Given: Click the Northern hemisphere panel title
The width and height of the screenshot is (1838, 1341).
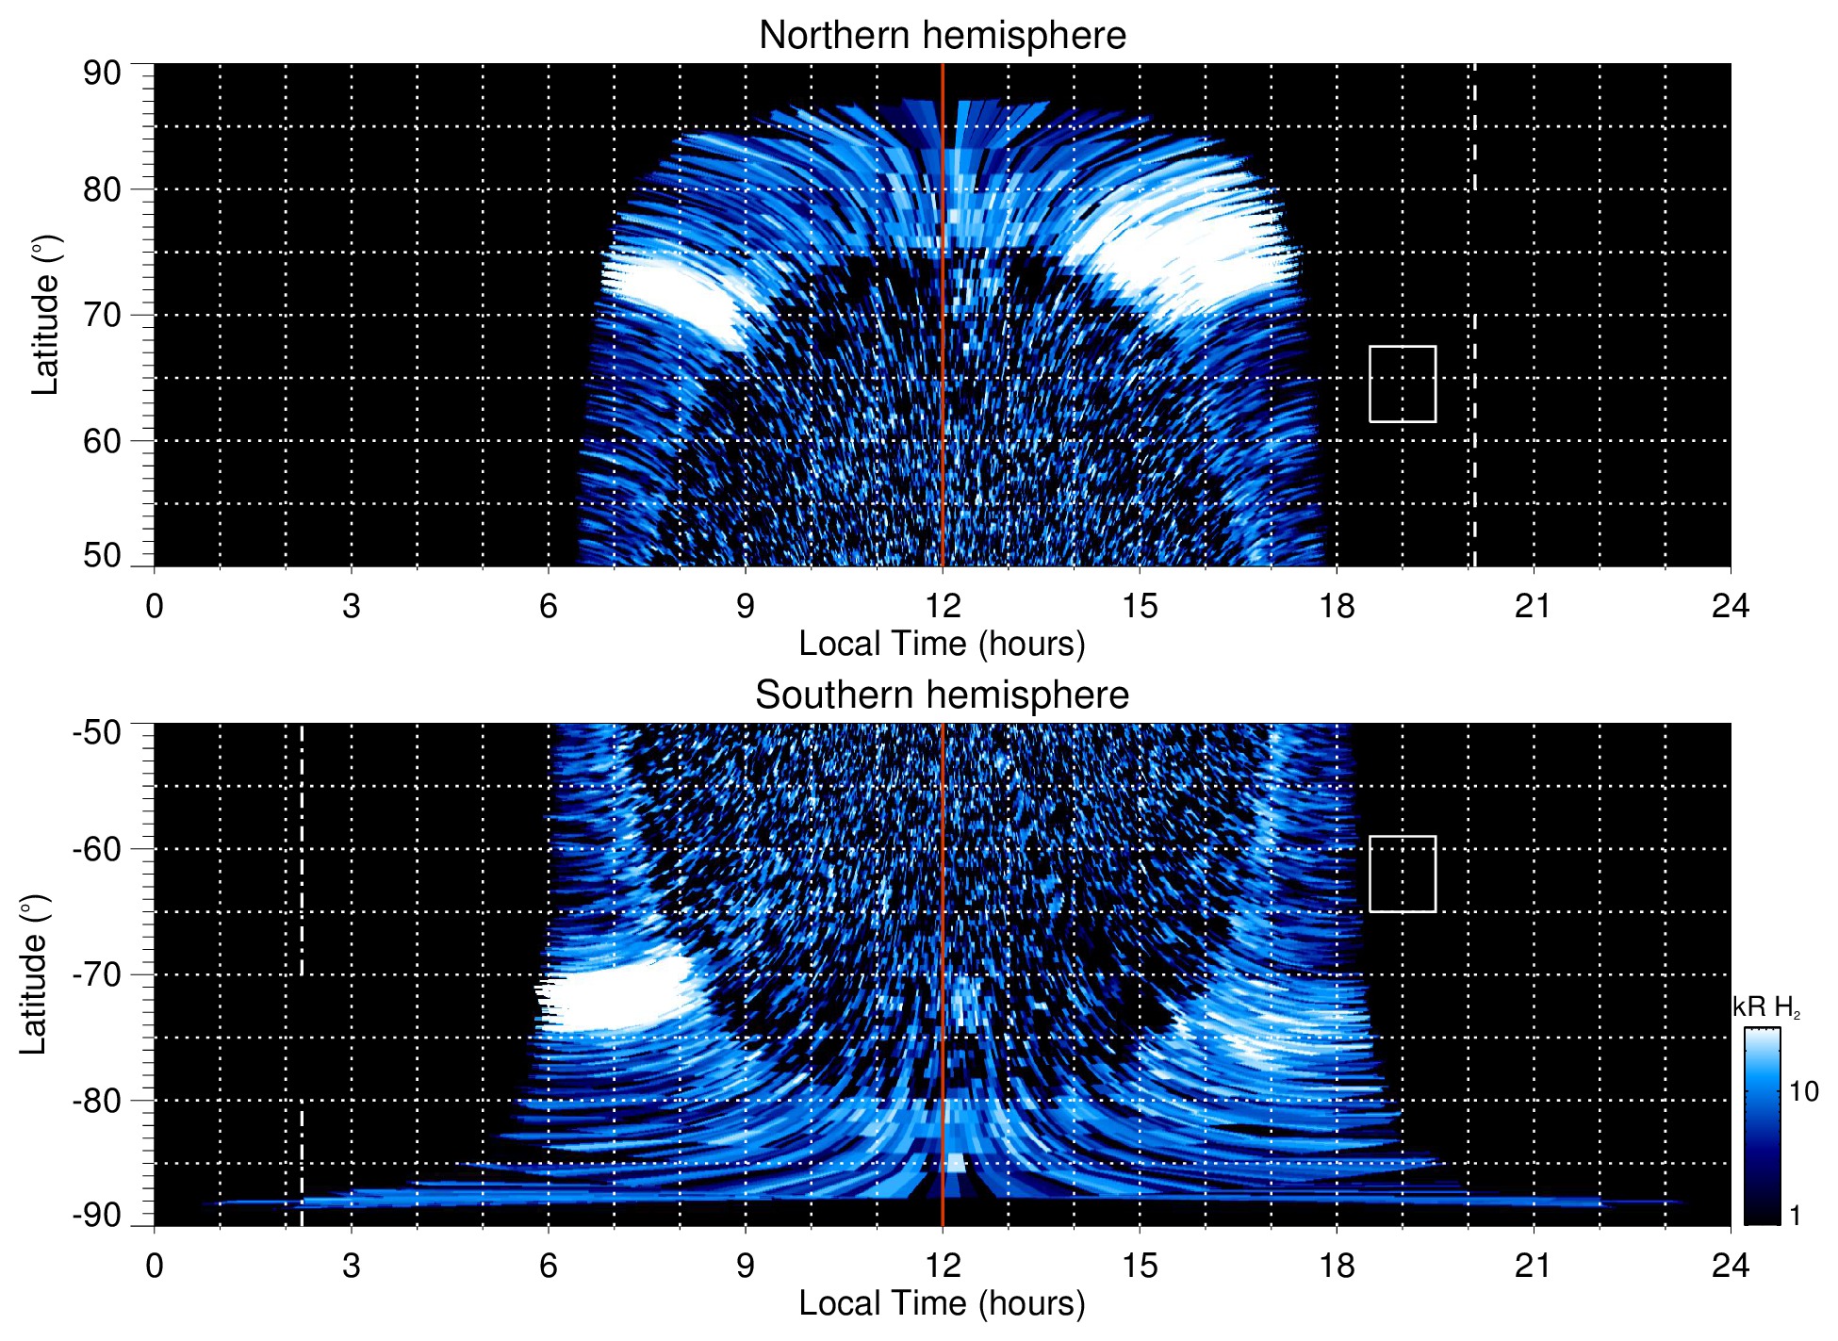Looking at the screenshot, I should click(942, 36).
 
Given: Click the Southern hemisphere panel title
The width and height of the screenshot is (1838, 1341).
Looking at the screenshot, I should click(942, 695).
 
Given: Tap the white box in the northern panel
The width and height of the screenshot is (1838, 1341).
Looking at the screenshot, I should click(1403, 384).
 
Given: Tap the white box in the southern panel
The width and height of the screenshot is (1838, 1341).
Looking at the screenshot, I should click(1403, 874).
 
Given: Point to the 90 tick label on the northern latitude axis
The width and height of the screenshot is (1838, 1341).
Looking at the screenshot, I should click(102, 74).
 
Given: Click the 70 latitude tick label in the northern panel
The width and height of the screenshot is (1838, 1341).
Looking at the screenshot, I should click(102, 315).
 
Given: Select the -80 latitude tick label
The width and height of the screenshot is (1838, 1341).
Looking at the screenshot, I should click(97, 1100).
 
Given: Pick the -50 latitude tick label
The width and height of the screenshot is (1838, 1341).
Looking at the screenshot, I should click(97, 732).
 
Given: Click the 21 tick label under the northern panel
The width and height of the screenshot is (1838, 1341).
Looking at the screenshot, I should click(1533, 606).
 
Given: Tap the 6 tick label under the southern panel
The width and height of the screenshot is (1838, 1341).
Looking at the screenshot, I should click(549, 1266).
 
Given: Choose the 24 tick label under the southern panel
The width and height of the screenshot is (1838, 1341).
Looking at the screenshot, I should click(1730, 1266).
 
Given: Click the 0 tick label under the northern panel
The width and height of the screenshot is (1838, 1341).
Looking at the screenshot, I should click(155, 606).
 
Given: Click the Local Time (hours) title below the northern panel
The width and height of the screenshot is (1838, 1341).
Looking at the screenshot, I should click(942, 645).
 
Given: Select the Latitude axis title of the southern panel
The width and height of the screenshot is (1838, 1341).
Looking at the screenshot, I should click(34, 974).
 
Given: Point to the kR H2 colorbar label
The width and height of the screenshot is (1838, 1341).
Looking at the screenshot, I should click(1766, 1007).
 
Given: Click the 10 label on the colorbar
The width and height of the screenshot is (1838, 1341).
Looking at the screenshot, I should click(1803, 1091).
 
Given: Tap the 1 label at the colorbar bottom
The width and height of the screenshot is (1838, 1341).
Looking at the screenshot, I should click(1795, 1216).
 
